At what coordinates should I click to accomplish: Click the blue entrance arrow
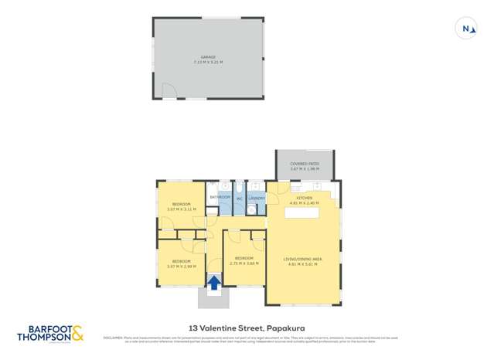[x=213, y=283]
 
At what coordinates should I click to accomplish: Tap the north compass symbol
[x=466, y=29]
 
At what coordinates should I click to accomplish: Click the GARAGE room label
[x=208, y=56]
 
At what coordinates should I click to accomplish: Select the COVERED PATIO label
[x=305, y=164]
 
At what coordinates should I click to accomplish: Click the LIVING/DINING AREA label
[x=303, y=260]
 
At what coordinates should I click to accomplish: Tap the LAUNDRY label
[x=257, y=198]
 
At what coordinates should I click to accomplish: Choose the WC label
[x=239, y=199]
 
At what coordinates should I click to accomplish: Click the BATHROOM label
[x=220, y=197]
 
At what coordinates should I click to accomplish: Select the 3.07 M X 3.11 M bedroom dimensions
[x=182, y=209]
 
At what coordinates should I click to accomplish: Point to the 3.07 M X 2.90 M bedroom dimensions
[x=182, y=267]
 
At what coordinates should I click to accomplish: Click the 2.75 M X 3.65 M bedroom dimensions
[x=244, y=263]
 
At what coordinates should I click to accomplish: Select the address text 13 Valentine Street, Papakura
[x=247, y=327]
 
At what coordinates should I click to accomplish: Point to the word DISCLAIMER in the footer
[x=112, y=338]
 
